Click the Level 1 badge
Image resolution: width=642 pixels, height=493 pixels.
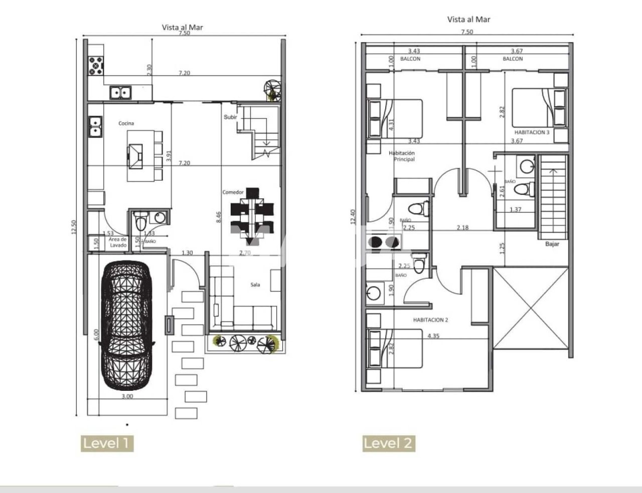107,443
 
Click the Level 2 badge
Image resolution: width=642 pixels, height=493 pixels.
389,443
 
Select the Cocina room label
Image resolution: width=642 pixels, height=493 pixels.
126,123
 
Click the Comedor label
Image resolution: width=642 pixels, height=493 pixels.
233,192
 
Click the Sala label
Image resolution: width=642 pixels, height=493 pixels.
255,285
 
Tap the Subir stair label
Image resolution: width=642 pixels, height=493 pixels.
230,117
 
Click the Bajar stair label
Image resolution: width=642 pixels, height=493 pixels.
552,244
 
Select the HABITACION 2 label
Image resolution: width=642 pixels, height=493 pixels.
430,320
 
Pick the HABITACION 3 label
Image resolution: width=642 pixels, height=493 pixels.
532,132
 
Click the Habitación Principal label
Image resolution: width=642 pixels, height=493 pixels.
402,156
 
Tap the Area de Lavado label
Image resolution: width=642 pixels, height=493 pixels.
118,242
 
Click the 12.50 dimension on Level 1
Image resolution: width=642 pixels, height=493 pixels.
74,227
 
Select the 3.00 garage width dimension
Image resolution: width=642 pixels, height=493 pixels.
127,396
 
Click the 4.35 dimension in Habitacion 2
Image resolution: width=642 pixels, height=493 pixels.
433,336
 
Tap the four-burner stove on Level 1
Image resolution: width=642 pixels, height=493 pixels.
96,66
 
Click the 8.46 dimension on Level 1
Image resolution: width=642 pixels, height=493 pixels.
219,217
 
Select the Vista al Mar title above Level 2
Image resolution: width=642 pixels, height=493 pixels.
468,20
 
